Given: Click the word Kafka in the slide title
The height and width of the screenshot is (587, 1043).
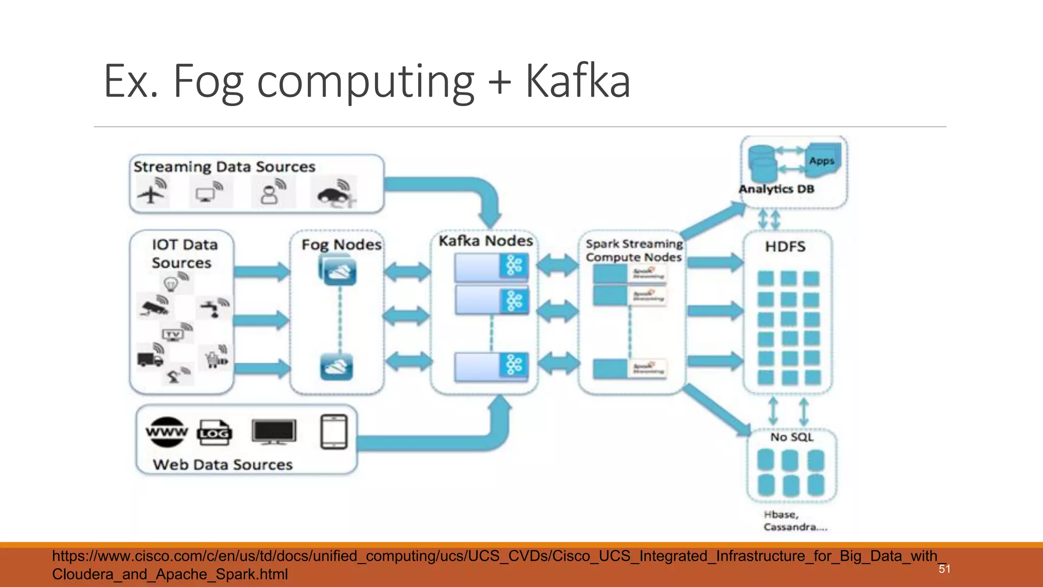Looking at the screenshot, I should [x=578, y=82].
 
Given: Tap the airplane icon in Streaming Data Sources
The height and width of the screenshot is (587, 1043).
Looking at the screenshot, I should [x=151, y=194].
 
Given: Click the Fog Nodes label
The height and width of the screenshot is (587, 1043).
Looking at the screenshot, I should [x=341, y=245].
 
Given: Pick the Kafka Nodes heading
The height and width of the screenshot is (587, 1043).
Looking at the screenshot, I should [x=485, y=241].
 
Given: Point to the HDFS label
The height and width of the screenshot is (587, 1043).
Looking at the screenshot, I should [x=785, y=247].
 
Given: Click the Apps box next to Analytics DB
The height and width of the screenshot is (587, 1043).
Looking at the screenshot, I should [x=821, y=161].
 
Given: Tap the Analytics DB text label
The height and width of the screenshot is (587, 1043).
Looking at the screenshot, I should [x=776, y=189].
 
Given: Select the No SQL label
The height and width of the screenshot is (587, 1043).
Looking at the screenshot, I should [x=791, y=437].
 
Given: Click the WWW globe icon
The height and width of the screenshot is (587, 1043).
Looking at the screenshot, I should [x=167, y=432].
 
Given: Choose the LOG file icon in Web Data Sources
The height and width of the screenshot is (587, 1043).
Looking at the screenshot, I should [x=214, y=433].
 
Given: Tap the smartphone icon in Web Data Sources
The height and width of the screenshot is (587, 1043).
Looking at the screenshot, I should [x=334, y=432].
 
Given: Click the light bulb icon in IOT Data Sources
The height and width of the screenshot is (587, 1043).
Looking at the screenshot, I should [x=171, y=283].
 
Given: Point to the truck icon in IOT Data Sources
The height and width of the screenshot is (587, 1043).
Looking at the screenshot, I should [x=150, y=359].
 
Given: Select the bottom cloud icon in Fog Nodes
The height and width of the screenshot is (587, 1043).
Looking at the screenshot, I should [x=336, y=367].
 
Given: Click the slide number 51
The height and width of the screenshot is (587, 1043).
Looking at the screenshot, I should [x=944, y=569].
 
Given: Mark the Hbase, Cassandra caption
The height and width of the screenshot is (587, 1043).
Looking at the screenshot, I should [x=794, y=521].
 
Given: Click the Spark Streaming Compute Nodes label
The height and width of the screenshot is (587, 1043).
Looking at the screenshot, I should [x=634, y=251].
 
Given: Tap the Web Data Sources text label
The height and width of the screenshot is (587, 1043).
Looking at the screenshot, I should [x=223, y=465].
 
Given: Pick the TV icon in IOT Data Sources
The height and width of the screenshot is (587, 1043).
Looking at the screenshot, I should [x=173, y=335].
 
